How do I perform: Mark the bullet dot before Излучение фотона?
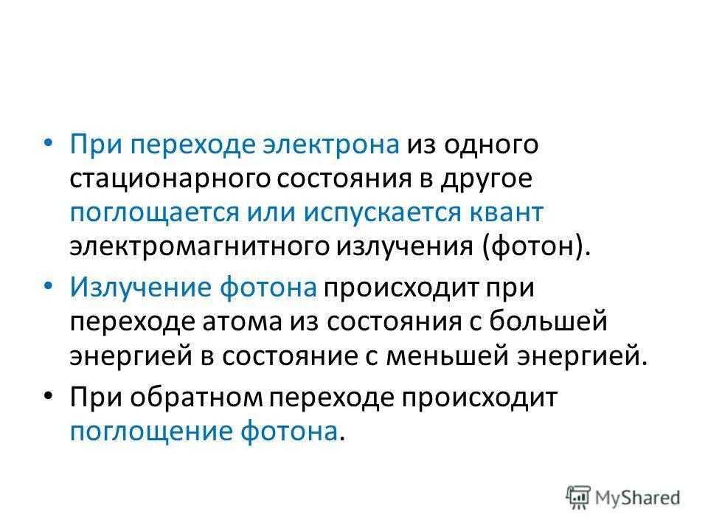tap(49, 285)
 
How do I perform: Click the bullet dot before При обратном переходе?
tap(49, 395)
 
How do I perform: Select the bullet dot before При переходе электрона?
tap(49, 141)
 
